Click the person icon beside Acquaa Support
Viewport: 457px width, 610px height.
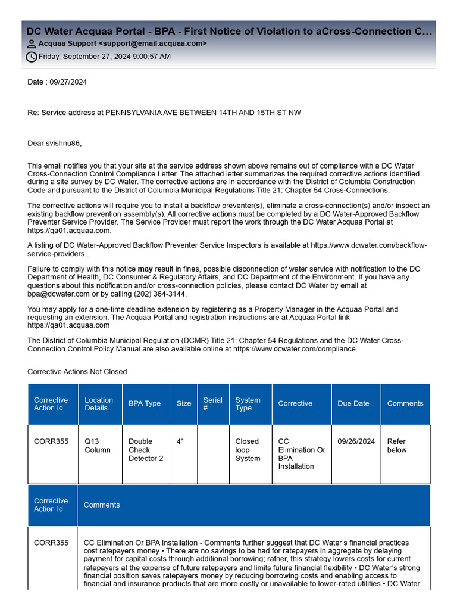32,44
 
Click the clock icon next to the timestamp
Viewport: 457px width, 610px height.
32,57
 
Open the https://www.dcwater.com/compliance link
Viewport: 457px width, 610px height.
295,349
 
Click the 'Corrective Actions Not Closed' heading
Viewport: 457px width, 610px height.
77,372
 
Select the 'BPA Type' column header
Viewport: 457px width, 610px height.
145,404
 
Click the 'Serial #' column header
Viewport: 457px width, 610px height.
212,404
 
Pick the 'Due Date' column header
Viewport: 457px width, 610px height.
353,404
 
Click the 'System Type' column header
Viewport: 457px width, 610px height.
248,404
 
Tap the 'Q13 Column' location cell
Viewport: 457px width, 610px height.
98,446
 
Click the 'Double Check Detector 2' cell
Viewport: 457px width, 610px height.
146,450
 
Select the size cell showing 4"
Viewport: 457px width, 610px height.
180,442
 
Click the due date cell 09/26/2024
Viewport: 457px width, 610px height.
356,442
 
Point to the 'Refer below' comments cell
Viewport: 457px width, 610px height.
397,446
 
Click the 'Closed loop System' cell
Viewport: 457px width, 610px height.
248,450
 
